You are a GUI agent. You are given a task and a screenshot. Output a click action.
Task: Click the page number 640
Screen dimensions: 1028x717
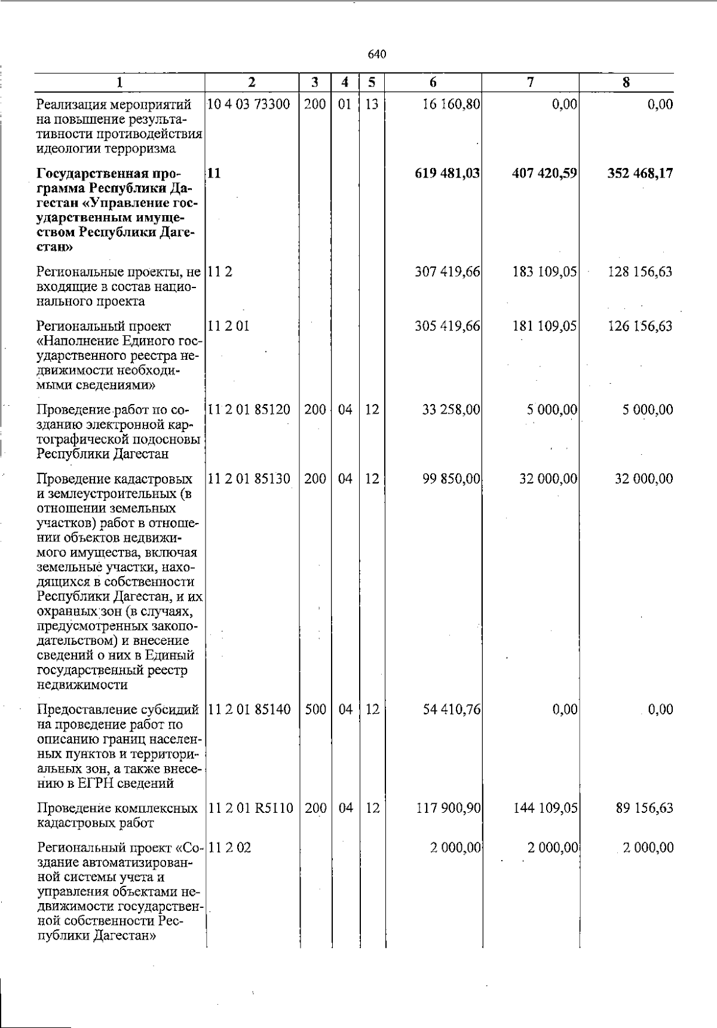[377, 54]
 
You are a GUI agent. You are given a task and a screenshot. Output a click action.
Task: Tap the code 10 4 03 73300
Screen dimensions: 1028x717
[249, 105]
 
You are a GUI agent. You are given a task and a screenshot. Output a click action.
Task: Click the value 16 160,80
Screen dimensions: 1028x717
[451, 105]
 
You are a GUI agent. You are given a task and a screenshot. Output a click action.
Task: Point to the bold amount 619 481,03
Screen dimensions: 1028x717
[448, 174]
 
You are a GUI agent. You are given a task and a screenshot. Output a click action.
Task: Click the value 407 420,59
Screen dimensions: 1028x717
[544, 174]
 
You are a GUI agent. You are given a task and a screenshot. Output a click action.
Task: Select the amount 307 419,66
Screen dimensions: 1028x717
[448, 273]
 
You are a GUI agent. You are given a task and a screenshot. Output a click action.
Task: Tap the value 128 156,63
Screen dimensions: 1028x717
[640, 273]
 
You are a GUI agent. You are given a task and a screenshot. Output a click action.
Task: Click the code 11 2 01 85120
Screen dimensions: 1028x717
[249, 410]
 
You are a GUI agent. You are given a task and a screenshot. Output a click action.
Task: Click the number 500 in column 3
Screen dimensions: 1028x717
[314, 709]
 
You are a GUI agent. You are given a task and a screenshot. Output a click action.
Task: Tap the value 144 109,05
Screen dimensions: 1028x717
[544, 809]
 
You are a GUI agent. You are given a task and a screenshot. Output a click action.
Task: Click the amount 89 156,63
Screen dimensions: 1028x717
[644, 809]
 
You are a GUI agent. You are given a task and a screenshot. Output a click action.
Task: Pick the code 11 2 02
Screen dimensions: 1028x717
[230, 848]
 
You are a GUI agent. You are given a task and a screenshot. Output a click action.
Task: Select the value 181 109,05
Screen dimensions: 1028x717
[544, 326]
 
